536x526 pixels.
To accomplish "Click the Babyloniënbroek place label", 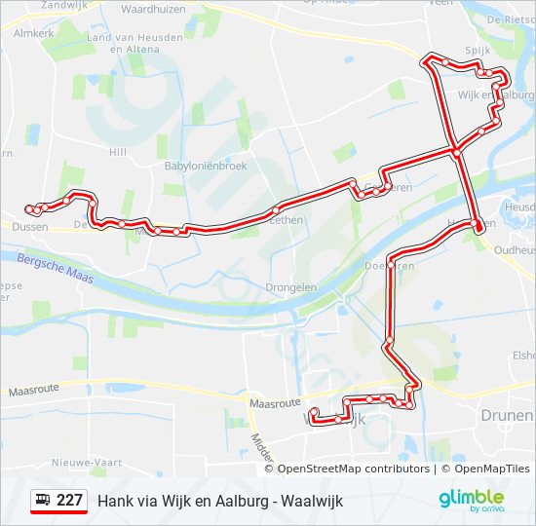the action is pyautogui.click(x=205, y=166).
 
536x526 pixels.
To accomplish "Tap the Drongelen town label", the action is pyautogui.click(x=291, y=287).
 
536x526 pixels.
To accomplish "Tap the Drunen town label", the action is pyautogui.click(x=507, y=415).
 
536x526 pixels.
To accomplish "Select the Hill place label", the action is pyautogui.click(x=118, y=152).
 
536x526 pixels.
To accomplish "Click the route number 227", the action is pyautogui.click(x=69, y=501).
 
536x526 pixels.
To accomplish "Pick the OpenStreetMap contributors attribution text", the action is pyautogui.click(x=354, y=469).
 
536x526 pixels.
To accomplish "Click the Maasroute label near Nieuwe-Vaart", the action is pyautogui.click(x=34, y=391).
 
